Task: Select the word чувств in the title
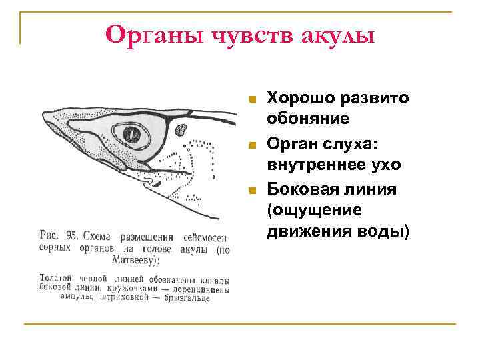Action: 247,33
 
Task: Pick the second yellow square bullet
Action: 251,145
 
